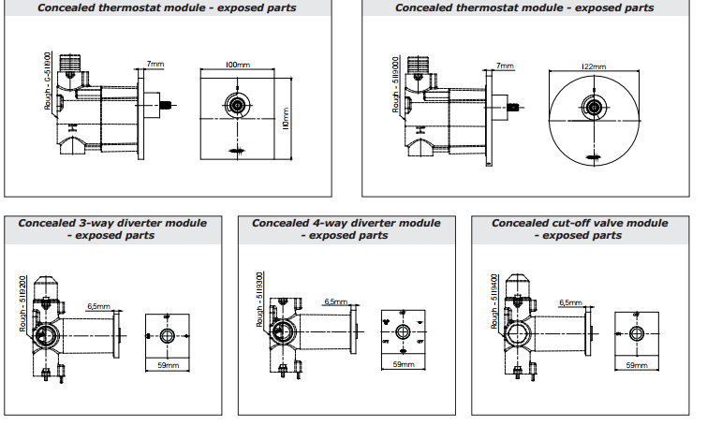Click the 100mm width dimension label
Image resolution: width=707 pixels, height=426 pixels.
[x=238, y=65]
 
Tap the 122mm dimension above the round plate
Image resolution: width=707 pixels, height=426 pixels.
[x=593, y=66]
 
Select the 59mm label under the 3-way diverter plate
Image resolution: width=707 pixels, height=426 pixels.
[x=168, y=365]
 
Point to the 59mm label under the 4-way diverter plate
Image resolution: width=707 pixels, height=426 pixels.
[x=403, y=363]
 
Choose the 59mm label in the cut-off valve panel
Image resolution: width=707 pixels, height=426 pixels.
[x=636, y=364]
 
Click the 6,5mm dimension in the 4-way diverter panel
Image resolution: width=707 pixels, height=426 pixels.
[x=335, y=301]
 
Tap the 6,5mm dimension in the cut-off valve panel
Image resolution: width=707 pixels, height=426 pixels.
[x=569, y=303]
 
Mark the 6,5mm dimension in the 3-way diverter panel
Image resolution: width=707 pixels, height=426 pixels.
[x=99, y=306]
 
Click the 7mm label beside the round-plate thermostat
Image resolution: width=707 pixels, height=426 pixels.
[x=506, y=66]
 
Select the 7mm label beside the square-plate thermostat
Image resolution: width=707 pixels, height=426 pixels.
[x=155, y=65]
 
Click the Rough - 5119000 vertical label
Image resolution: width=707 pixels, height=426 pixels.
[x=396, y=84]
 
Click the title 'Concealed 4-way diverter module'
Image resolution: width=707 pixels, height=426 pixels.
[x=346, y=224]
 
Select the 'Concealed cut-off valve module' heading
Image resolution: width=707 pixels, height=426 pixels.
[x=580, y=224]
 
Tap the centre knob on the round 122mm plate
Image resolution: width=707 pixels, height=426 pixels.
[x=593, y=108]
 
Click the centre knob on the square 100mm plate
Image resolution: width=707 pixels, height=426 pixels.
[x=238, y=105]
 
